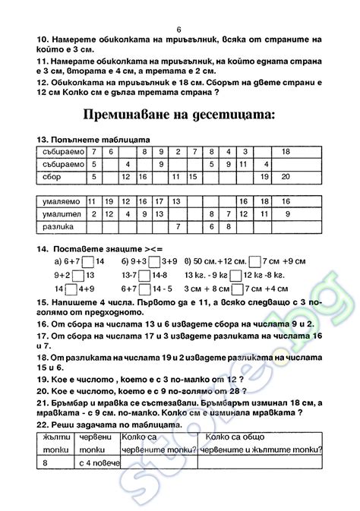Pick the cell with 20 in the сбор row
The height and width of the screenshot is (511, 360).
pos(285,177)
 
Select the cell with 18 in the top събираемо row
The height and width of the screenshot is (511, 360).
pos(285,152)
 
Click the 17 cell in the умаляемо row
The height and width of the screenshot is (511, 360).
pos(159,202)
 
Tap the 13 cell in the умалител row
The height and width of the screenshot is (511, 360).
pos(159,214)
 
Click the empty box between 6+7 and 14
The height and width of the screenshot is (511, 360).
pos(88,262)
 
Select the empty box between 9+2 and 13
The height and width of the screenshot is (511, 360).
pos(88,276)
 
